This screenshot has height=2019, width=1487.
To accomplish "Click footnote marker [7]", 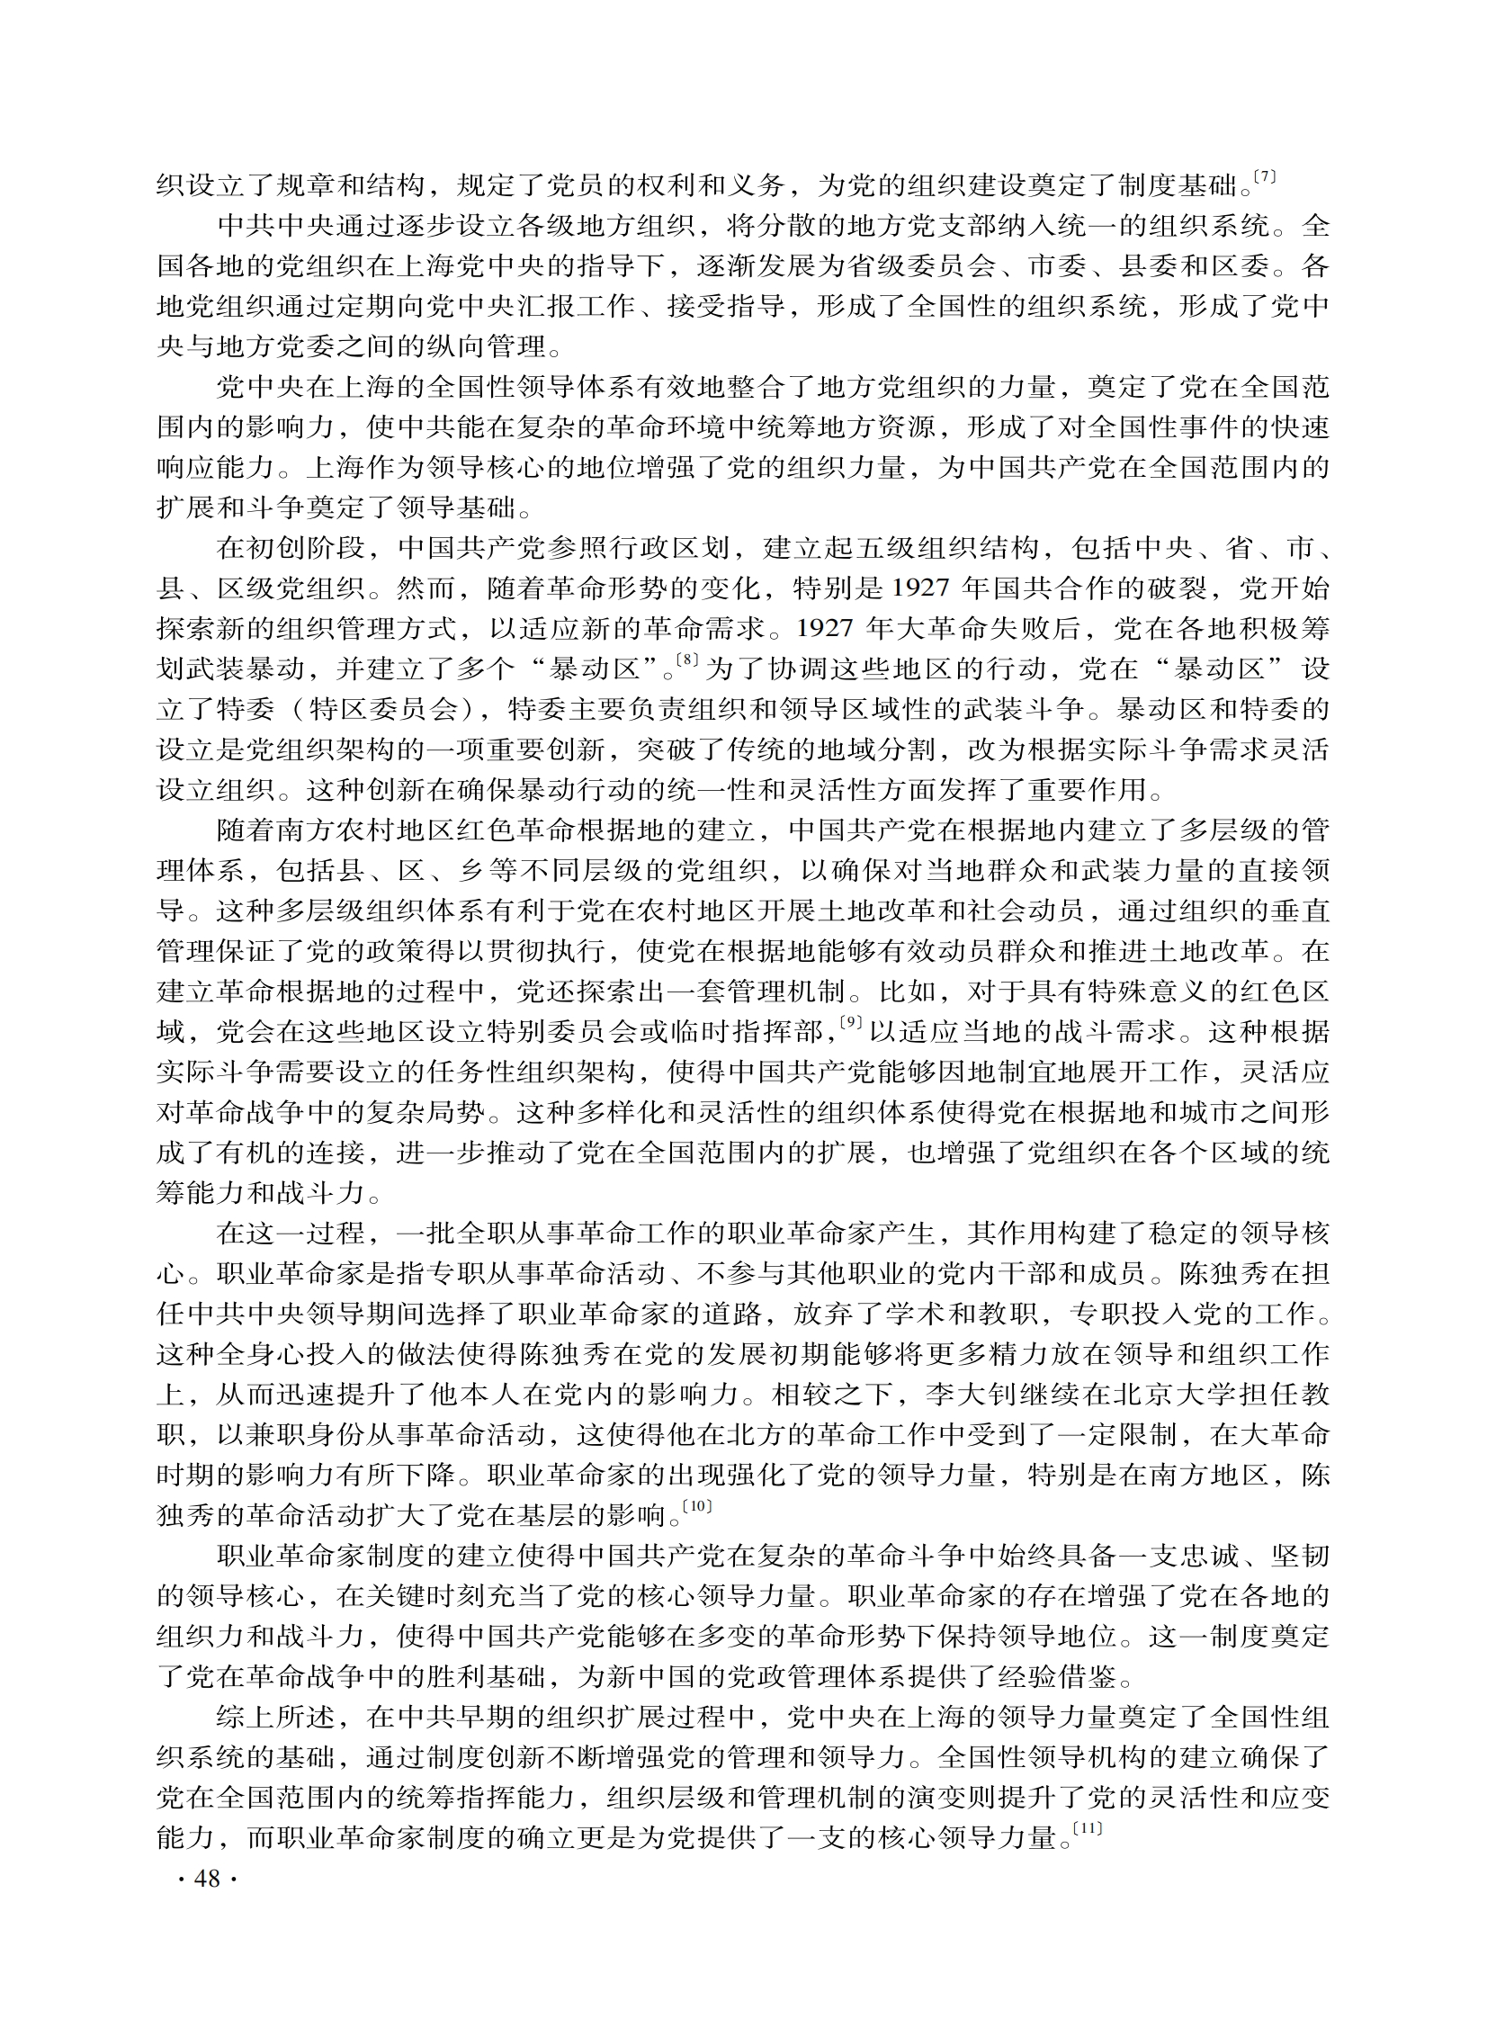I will tap(1265, 177).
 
